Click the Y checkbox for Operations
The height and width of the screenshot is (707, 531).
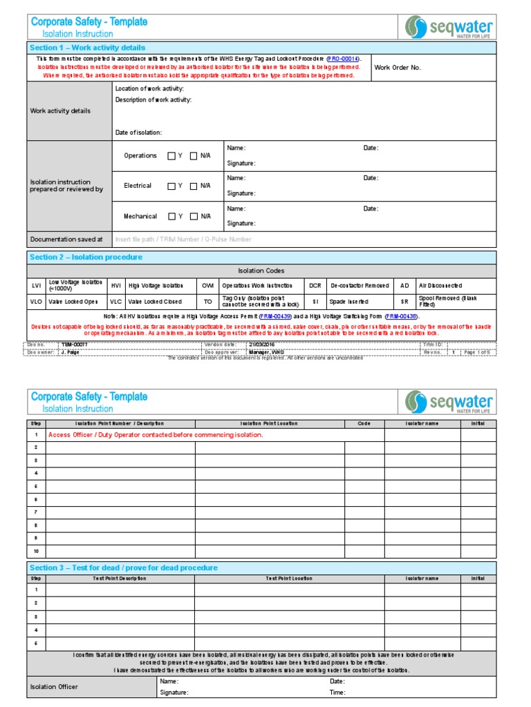[171, 156]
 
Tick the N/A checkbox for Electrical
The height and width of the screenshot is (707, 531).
[194, 186]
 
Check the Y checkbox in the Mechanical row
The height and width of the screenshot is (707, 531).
[171, 217]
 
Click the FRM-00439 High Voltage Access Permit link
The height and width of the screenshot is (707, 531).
[275, 316]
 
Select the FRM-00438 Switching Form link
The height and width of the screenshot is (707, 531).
[401, 316]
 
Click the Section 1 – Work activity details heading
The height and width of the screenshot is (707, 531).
[87, 48]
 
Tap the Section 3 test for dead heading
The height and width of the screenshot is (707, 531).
[123, 568]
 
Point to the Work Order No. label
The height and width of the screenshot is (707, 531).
[397, 68]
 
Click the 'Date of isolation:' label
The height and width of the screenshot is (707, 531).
[138, 133]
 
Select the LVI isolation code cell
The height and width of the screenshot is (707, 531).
[36, 286]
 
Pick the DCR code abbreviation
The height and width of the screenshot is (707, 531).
[315, 286]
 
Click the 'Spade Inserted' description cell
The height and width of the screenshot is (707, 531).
[349, 302]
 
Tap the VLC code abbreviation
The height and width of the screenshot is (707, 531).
[115, 302]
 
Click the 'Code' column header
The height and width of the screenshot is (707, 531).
[364, 423]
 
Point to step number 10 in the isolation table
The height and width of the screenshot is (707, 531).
[36, 551]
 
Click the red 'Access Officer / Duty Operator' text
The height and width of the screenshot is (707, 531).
[156, 435]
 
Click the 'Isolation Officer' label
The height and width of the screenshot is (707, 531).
[54, 687]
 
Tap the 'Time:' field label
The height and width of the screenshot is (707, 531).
[338, 693]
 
